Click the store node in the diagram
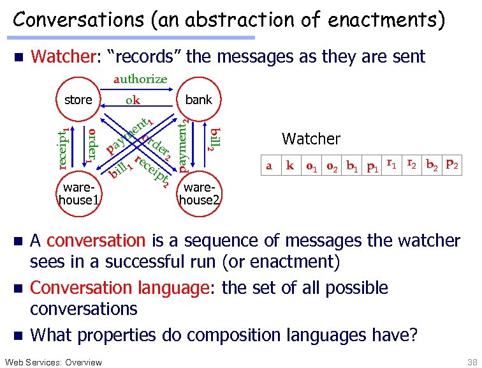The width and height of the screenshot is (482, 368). click(x=78, y=100)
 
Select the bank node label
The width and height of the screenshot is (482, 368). click(x=198, y=100)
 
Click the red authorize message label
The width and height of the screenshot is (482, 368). click(x=140, y=79)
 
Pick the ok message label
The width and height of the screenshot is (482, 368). click(x=133, y=100)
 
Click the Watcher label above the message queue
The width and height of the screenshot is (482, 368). click(x=311, y=139)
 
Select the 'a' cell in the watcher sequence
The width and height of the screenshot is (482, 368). click(x=269, y=166)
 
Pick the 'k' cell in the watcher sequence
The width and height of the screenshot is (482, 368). click(x=290, y=166)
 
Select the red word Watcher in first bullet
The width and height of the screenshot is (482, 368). click(x=63, y=57)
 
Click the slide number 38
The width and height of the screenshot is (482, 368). click(x=471, y=362)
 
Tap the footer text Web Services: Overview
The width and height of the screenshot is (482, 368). click(x=53, y=362)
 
